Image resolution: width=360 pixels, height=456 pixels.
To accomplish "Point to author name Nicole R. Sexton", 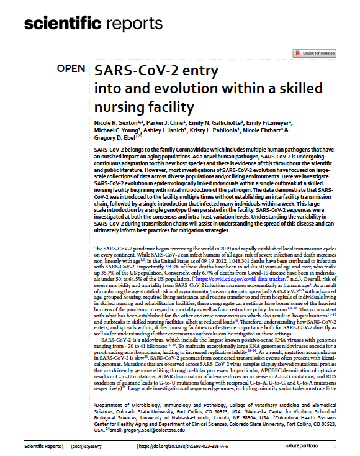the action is pyautogui.click(x=119, y=124).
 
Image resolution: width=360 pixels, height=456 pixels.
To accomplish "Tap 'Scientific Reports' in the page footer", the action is pyautogui.click(x=45, y=447).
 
